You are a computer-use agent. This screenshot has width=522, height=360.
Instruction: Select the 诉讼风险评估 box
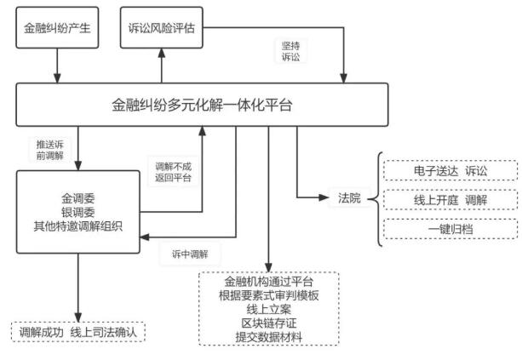point(162,30)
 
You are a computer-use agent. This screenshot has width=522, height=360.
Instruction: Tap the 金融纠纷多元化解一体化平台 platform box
point(202,106)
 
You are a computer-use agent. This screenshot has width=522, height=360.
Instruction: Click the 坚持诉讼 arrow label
point(292,52)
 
